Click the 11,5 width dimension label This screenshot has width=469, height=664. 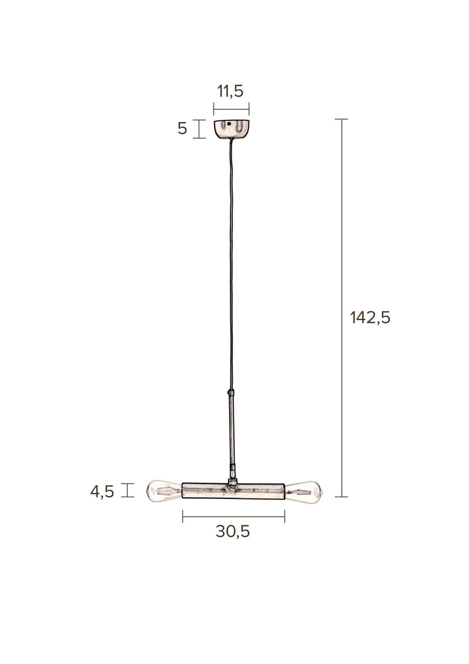pos(230,91)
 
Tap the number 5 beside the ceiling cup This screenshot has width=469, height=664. pos(182,129)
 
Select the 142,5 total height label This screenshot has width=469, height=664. pos(371,317)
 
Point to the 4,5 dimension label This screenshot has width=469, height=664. pos(103,491)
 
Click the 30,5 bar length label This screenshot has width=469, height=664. pos(233,531)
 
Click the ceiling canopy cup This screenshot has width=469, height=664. pos(232,129)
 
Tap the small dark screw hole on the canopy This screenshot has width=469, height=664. pos(229,124)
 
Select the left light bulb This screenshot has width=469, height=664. pos(164,491)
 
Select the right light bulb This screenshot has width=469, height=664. pos(303,492)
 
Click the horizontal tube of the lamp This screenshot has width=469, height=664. pos(233,491)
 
